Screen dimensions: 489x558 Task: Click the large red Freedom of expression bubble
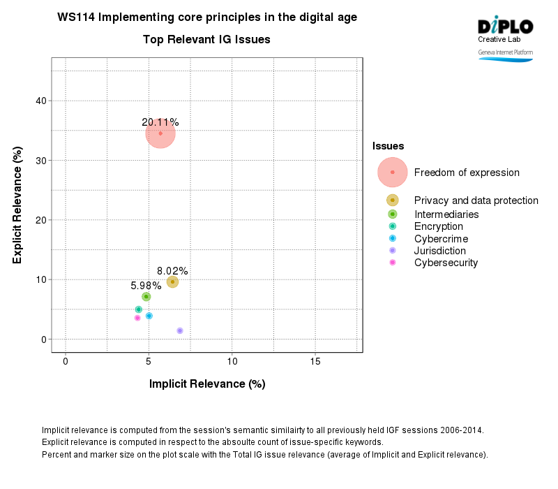pyautogui.click(x=160, y=133)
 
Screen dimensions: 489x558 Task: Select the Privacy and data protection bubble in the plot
pyautogui.click(x=172, y=282)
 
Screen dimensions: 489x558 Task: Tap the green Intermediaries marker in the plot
pyautogui.click(x=146, y=297)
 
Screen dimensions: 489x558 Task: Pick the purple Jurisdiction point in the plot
pyautogui.click(x=180, y=330)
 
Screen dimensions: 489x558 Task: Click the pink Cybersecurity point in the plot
pyautogui.click(x=137, y=318)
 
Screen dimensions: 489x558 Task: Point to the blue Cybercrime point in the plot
pyautogui.click(x=149, y=316)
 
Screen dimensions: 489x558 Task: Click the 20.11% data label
pyautogui.click(x=160, y=122)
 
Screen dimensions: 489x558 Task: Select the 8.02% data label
pyautogui.click(x=172, y=271)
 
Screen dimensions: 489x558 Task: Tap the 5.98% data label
pyautogui.click(x=146, y=286)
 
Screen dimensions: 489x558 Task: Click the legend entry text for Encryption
pyautogui.click(x=438, y=226)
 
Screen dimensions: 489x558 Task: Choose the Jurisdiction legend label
pyautogui.click(x=439, y=251)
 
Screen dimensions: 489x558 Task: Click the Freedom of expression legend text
pyautogui.click(x=467, y=173)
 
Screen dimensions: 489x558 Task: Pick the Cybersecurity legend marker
pyautogui.click(x=393, y=263)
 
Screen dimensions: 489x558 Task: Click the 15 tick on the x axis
pyautogui.click(x=315, y=361)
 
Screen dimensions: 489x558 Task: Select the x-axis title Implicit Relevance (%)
pyautogui.click(x=207, y=384)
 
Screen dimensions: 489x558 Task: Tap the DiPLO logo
pyautogui.click(x=505, y=27)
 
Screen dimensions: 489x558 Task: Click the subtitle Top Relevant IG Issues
pyautogui.click(x=206, y=40)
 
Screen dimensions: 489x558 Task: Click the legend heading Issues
pyautogui.click(x=388, y=146)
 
